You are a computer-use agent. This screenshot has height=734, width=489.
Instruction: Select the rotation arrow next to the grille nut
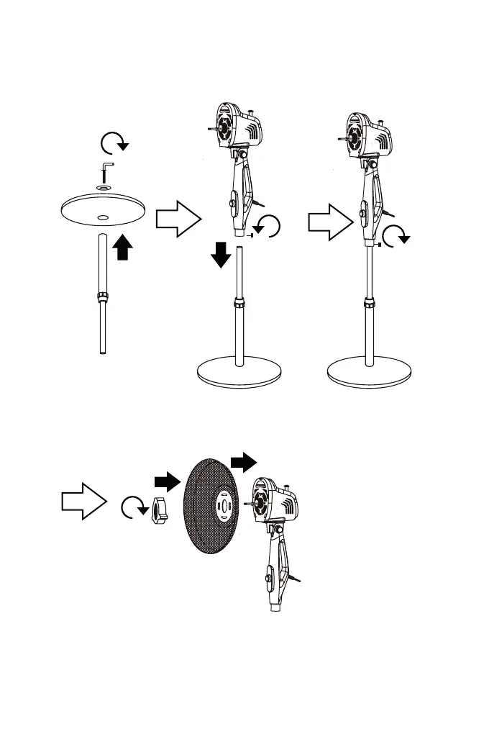click(132, 509)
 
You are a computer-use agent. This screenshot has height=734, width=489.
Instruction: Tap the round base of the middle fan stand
click(239, 374)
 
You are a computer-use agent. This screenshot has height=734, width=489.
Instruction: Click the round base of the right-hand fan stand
click(370, 374)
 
